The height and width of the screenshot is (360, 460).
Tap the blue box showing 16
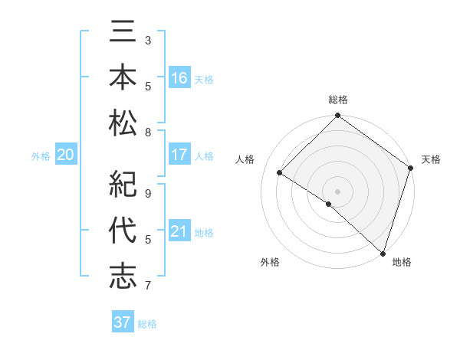pos(179,78)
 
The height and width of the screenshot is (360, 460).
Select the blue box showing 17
pos(179,155)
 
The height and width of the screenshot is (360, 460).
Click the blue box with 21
pos(179,231)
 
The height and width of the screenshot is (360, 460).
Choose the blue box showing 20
pos(66,155)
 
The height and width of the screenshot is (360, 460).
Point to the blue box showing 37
pos(123,322)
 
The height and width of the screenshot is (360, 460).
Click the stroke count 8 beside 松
pos(148,133)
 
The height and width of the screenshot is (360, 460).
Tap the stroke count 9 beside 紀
pos(148,194)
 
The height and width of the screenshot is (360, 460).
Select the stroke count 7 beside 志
pos(148,286)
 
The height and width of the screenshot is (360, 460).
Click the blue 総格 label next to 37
pos(147,324)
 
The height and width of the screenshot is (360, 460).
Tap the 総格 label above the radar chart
pos(338,100)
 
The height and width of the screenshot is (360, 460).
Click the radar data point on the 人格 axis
pos(280,173)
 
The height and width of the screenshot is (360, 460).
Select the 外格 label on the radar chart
pos(270,263)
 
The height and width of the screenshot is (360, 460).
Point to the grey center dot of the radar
pos(337,191)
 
